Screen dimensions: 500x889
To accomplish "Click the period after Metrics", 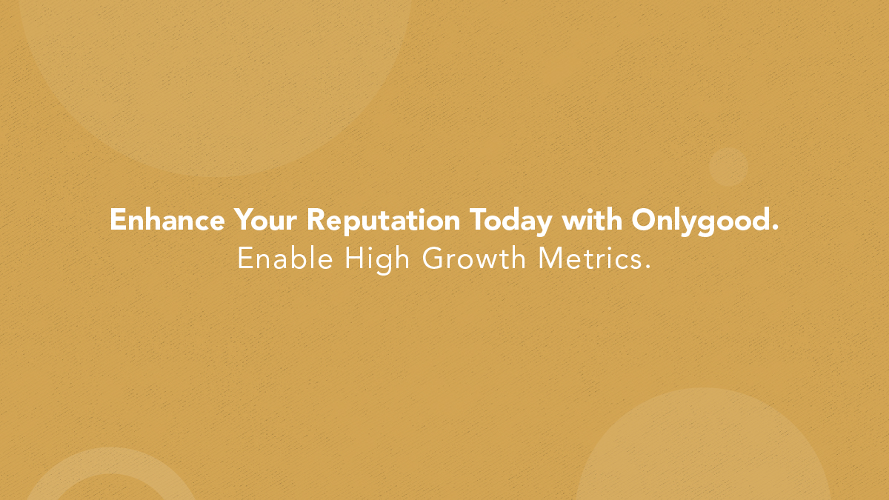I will click(x=647, y=267).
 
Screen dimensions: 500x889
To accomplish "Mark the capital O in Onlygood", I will click(x=642, y=221).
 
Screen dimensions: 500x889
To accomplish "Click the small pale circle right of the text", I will click(x=728, y=166).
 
